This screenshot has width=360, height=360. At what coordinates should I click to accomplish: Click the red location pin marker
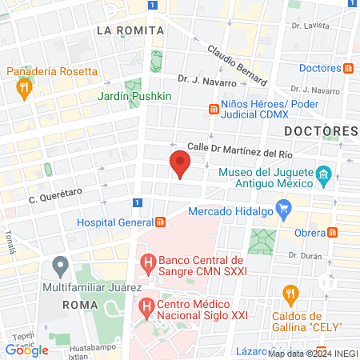pyautogui.click(x=180, y=165)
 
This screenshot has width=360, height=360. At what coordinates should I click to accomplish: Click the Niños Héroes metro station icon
pyautogui.click(x=214, y=108)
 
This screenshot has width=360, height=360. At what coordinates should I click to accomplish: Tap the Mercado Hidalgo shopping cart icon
pyautogui.click(x=283, y=210)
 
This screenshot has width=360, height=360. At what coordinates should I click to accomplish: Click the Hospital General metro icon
pyautogui.click(x=160, y=222)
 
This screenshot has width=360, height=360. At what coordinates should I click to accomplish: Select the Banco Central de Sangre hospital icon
pyautogui.click(x=147, y=261)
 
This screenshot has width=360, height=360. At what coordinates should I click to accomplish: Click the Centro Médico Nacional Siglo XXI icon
pyautogui.click(x=147, y=305)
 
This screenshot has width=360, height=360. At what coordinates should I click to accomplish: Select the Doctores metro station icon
pyautogui.click(x=349, y=68)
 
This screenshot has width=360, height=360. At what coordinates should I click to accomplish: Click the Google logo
pyautogui.click(x=27, y=350)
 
